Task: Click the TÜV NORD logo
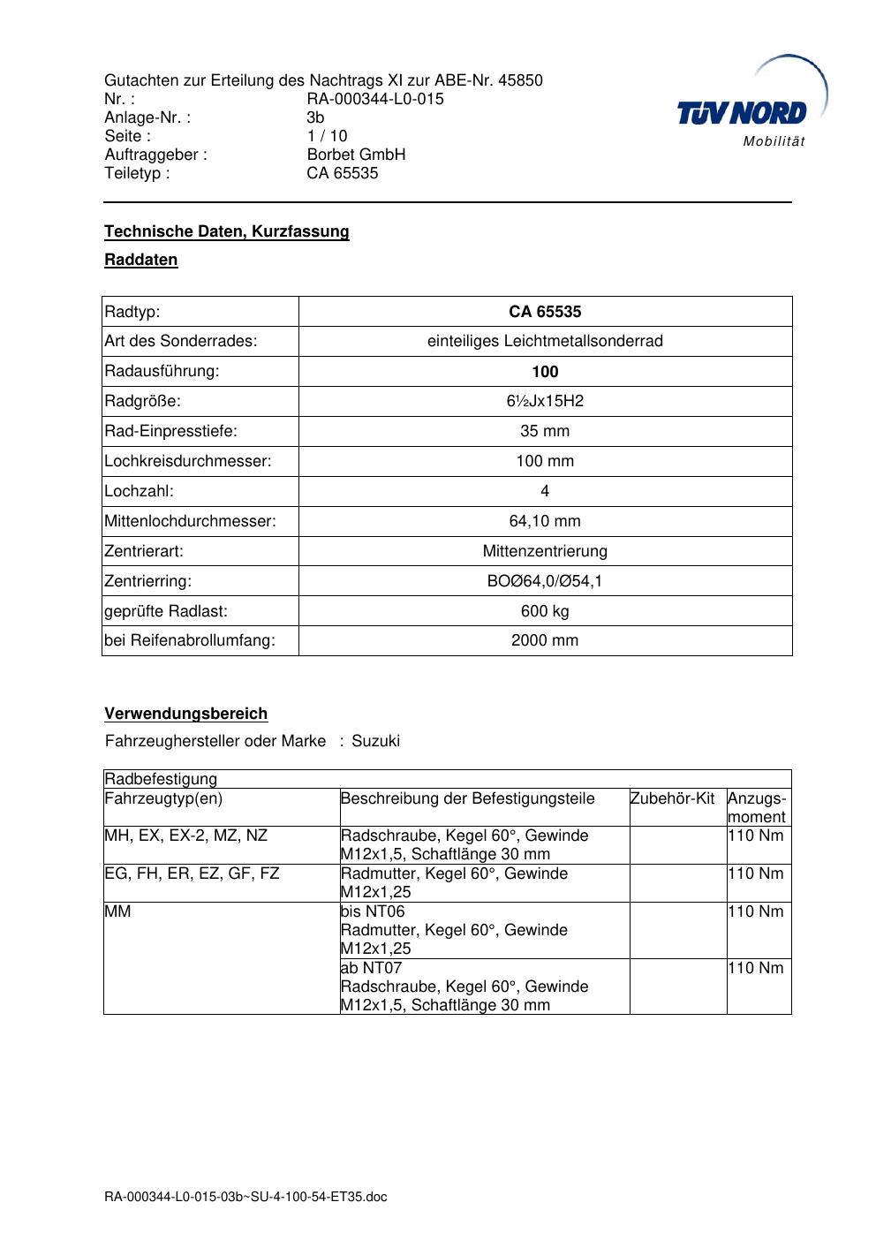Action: click(x=742, y=113)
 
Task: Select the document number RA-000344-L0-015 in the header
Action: click(x=375, y=99)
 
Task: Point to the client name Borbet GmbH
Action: click(x=356, y=155)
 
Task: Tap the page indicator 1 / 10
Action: click(x=327, y=136)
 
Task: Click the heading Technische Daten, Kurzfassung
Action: click(x=227, y=231)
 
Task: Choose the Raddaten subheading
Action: click(x=141, y=260)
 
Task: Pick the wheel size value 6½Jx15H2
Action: click(x=545, y=401)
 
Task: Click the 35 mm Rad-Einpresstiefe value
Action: click(x=545, y=431)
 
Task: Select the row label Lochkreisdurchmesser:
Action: click(x=188, y=461)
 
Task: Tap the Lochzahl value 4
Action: click(x=545, y=491)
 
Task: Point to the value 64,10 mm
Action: click(x=545, y=521)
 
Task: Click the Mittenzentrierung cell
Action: click(x=545, y=551)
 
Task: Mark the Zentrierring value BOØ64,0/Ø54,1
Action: click(x=545, y=581)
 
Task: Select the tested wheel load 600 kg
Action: click(x=545, y=611)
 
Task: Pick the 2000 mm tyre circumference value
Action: click(x=545, y=640)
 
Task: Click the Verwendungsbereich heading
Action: click(x=186, y=714)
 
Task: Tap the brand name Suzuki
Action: click(x=375, y=741)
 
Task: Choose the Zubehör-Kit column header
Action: click(x=672, y=798)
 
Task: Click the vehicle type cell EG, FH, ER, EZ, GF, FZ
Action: click(x=192, y=873)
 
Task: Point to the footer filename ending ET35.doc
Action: click(x=245, y=1197)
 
